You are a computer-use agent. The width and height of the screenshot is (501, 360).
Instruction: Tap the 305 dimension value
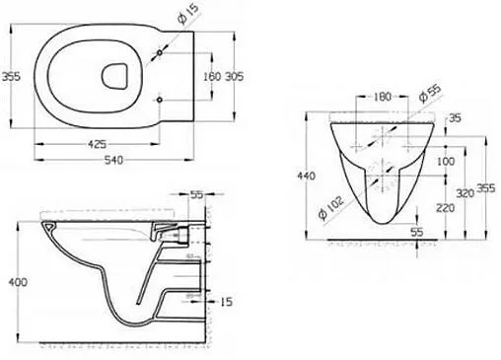tap(232, 77)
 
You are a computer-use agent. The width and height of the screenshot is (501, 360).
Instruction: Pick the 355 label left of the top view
tap(11, 77)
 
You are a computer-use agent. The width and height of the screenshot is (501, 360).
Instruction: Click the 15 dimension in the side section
tap(228, 300)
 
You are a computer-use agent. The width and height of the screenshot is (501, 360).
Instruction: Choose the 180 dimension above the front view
tap(383, 97)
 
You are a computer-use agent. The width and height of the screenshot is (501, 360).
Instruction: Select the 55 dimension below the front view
tap(417, 231)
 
